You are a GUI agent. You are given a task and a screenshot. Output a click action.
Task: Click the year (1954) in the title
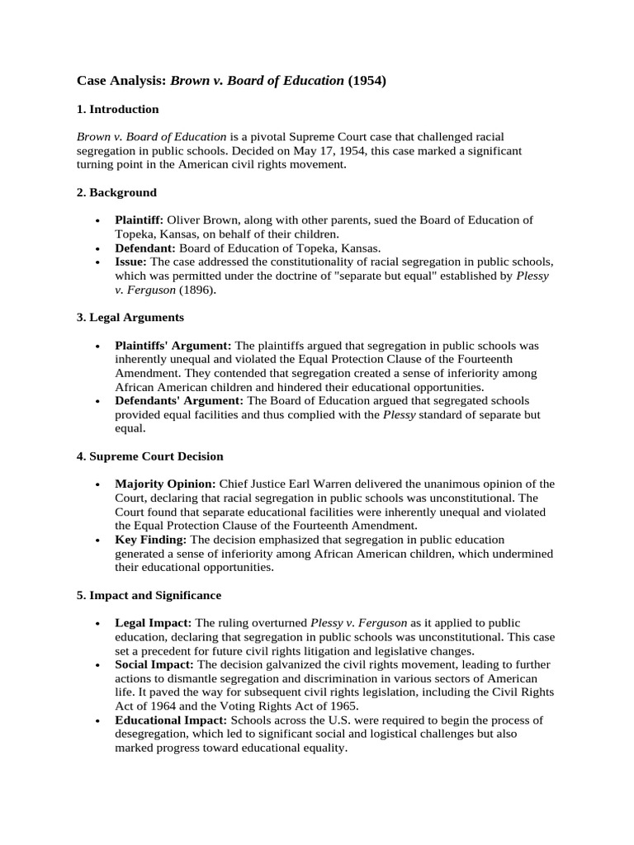click(367, 81)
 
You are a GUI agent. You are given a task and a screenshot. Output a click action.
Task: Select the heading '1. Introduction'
click(118, 109)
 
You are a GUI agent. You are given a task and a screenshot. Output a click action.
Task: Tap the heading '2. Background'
click(116, 192)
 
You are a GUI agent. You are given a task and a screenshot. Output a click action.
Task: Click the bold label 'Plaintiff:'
click(140, 220)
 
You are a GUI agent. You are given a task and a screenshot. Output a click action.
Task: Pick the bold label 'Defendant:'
click(145, 248)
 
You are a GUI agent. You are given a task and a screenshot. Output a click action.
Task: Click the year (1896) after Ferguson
click(199, 290)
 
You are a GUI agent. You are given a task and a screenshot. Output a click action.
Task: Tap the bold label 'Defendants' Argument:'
click(178, 401)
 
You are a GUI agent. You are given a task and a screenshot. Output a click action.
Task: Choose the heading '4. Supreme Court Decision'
click(150, 456)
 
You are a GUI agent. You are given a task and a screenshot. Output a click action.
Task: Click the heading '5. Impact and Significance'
click(149, 595)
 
